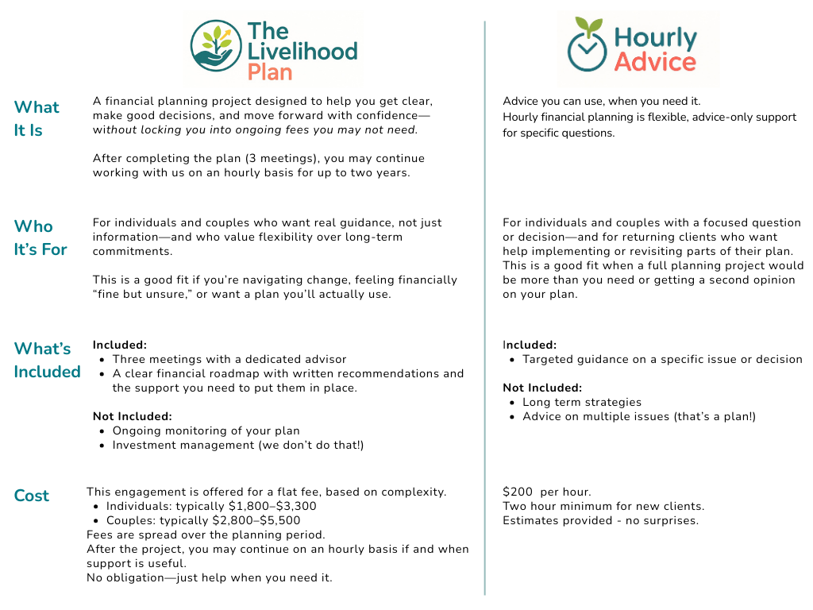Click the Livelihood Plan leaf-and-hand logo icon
pyautogui.click(x=215, y=47)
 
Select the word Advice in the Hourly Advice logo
pyautogui.click(x=655, y=62)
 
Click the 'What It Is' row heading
pyautogui.click(x=37, y=118)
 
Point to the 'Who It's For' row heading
pyautogui.click(x=40, y=237)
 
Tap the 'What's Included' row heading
pyautogui.click(x=47, y=360)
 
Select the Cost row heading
pyautogui.click(x=32, y=496)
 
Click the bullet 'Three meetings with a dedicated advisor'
pyautogui.click(x=229, y=359)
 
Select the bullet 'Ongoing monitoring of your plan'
pyautogui.click(x=206, y=430)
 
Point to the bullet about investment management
pyautogui.click(x=237, y=445)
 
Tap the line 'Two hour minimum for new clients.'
pyautogui.click(x=603, y=506)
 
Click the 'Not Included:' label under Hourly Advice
pyautogui.click(x=542, y=388)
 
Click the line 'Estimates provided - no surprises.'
pyautogui.click(x=600, y=520)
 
